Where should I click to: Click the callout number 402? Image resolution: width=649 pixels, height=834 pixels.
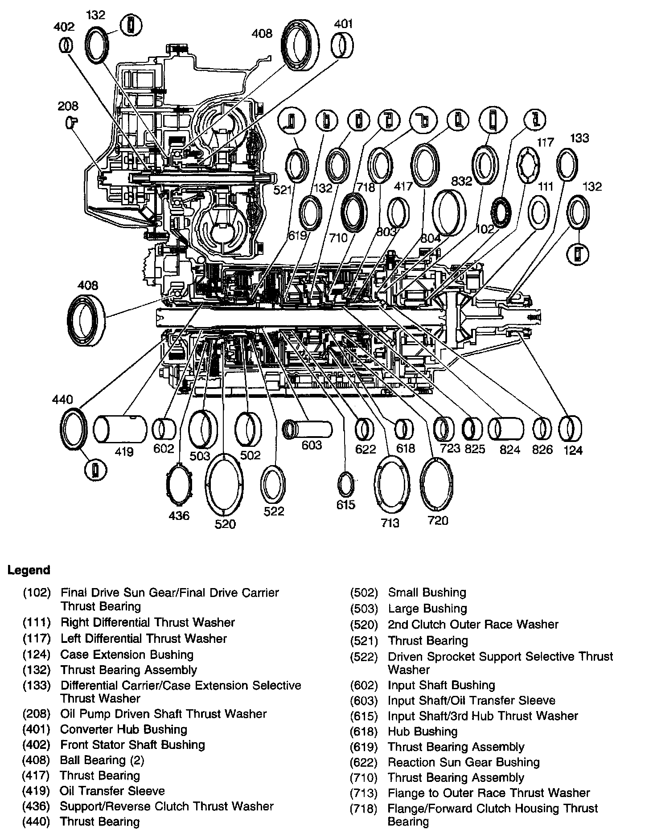point(64,27)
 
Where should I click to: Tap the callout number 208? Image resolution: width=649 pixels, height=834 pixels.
point(68,106)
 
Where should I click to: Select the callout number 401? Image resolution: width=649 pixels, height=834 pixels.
point(343,24)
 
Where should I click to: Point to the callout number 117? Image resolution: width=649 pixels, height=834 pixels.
point(545,143)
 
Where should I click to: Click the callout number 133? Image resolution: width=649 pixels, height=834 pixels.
point(579,139)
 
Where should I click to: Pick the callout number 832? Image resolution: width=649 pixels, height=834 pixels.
point(461,181)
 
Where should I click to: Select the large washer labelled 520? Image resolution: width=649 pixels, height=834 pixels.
point(224,484)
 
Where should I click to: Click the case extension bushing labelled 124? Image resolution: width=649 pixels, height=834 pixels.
point(570,428)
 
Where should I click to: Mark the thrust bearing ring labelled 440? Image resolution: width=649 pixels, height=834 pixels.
point(73,429)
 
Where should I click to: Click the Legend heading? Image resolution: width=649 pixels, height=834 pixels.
point(29,570)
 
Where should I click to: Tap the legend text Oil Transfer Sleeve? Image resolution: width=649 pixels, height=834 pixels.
point(112,791)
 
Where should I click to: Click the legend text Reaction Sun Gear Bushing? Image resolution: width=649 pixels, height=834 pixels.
point(464,762)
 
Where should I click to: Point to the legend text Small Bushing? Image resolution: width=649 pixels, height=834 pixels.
point(427,593)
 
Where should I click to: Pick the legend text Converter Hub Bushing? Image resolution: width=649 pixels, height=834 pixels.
point(123,729)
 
